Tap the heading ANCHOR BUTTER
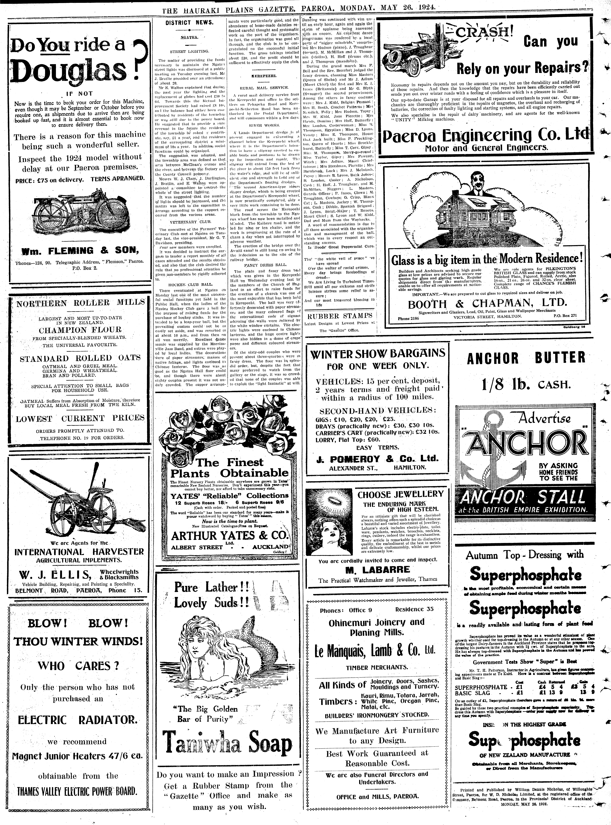point(526,358)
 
